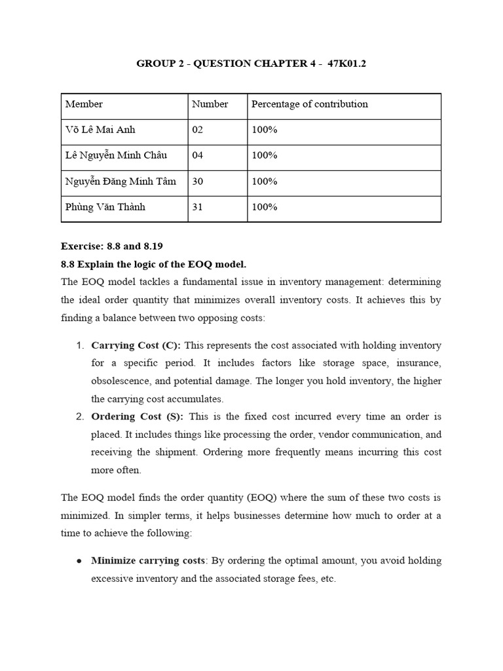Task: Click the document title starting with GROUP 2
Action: [x=251, y=64]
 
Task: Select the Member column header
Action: [x=84, y=104]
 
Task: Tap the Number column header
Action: [x=210, y=104]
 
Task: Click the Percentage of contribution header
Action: [x=310, y=104]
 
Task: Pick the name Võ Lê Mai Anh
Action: [x=100, y=130]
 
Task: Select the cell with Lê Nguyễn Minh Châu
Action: [x=116, y=155]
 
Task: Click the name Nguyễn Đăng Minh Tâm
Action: [x=121, y=182]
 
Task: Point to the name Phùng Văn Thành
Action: [x=105, y=207]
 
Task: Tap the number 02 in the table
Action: [x=198, y=130]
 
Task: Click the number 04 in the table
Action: [x=198, y=155]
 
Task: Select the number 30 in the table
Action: [x=198, y=182]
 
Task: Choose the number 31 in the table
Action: [x=198, y=207]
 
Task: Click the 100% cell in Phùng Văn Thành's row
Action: [x=265, y=207]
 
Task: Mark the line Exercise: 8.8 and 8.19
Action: [x=112, y=246]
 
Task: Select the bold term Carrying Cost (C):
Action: [x=136, y=345]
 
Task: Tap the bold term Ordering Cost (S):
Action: [x=138, y=417]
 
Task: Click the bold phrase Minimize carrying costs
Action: [x=149, y=561]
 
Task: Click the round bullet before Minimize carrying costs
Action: [x=79, y=562]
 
